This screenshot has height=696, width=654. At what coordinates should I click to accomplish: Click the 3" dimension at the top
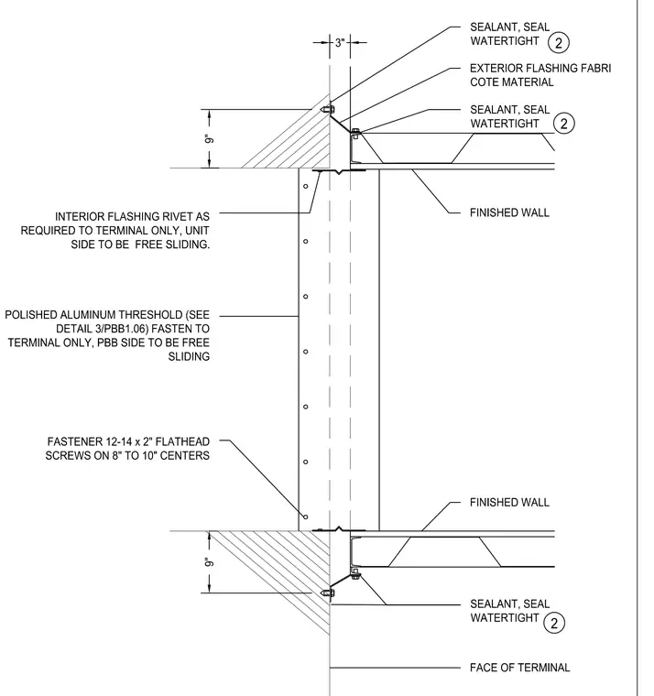[x=340, y=43]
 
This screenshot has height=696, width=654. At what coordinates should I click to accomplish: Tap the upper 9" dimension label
[x=209, y=139]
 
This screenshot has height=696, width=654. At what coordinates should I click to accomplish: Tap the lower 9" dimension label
[x=209, y=562]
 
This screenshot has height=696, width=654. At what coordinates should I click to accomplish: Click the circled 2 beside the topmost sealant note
[x=559, y=43]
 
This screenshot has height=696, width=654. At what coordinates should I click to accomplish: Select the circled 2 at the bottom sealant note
[x=554, y=623]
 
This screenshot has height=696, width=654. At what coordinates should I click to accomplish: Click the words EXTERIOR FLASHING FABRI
[x=540, y=69]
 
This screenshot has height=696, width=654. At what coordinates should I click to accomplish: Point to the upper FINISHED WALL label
[x=509, y=212]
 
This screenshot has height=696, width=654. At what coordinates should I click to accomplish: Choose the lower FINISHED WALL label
[x=509, y=503]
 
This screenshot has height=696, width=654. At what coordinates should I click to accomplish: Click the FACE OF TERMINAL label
[x=519, y=668]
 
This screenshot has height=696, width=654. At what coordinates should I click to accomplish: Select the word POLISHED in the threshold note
[x=31, y=315]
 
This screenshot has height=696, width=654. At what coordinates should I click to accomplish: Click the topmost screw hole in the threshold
[x=305, y=186]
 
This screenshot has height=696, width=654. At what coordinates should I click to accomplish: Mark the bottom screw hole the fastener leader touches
[x=305, y=517]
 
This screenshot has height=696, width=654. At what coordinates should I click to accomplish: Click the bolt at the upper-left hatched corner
[x=328, y=109]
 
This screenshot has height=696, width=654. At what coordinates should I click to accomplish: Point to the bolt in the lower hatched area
[x=328, y=593]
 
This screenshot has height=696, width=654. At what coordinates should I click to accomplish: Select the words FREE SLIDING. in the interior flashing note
[x=172, y=245]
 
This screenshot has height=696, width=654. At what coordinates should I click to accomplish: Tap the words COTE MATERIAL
[x=511, y=82]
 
